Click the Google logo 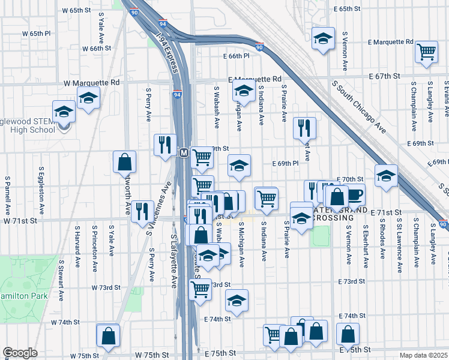tap(20, 353)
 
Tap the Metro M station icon tap(184, 154)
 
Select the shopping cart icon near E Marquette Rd tap(426, 52)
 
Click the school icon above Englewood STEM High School tap(64, 110)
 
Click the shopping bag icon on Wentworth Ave tap(124, 161)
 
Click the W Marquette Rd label tap(91, 82)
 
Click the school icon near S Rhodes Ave tap(386, 176)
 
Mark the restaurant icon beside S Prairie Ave tap(304, 128)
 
